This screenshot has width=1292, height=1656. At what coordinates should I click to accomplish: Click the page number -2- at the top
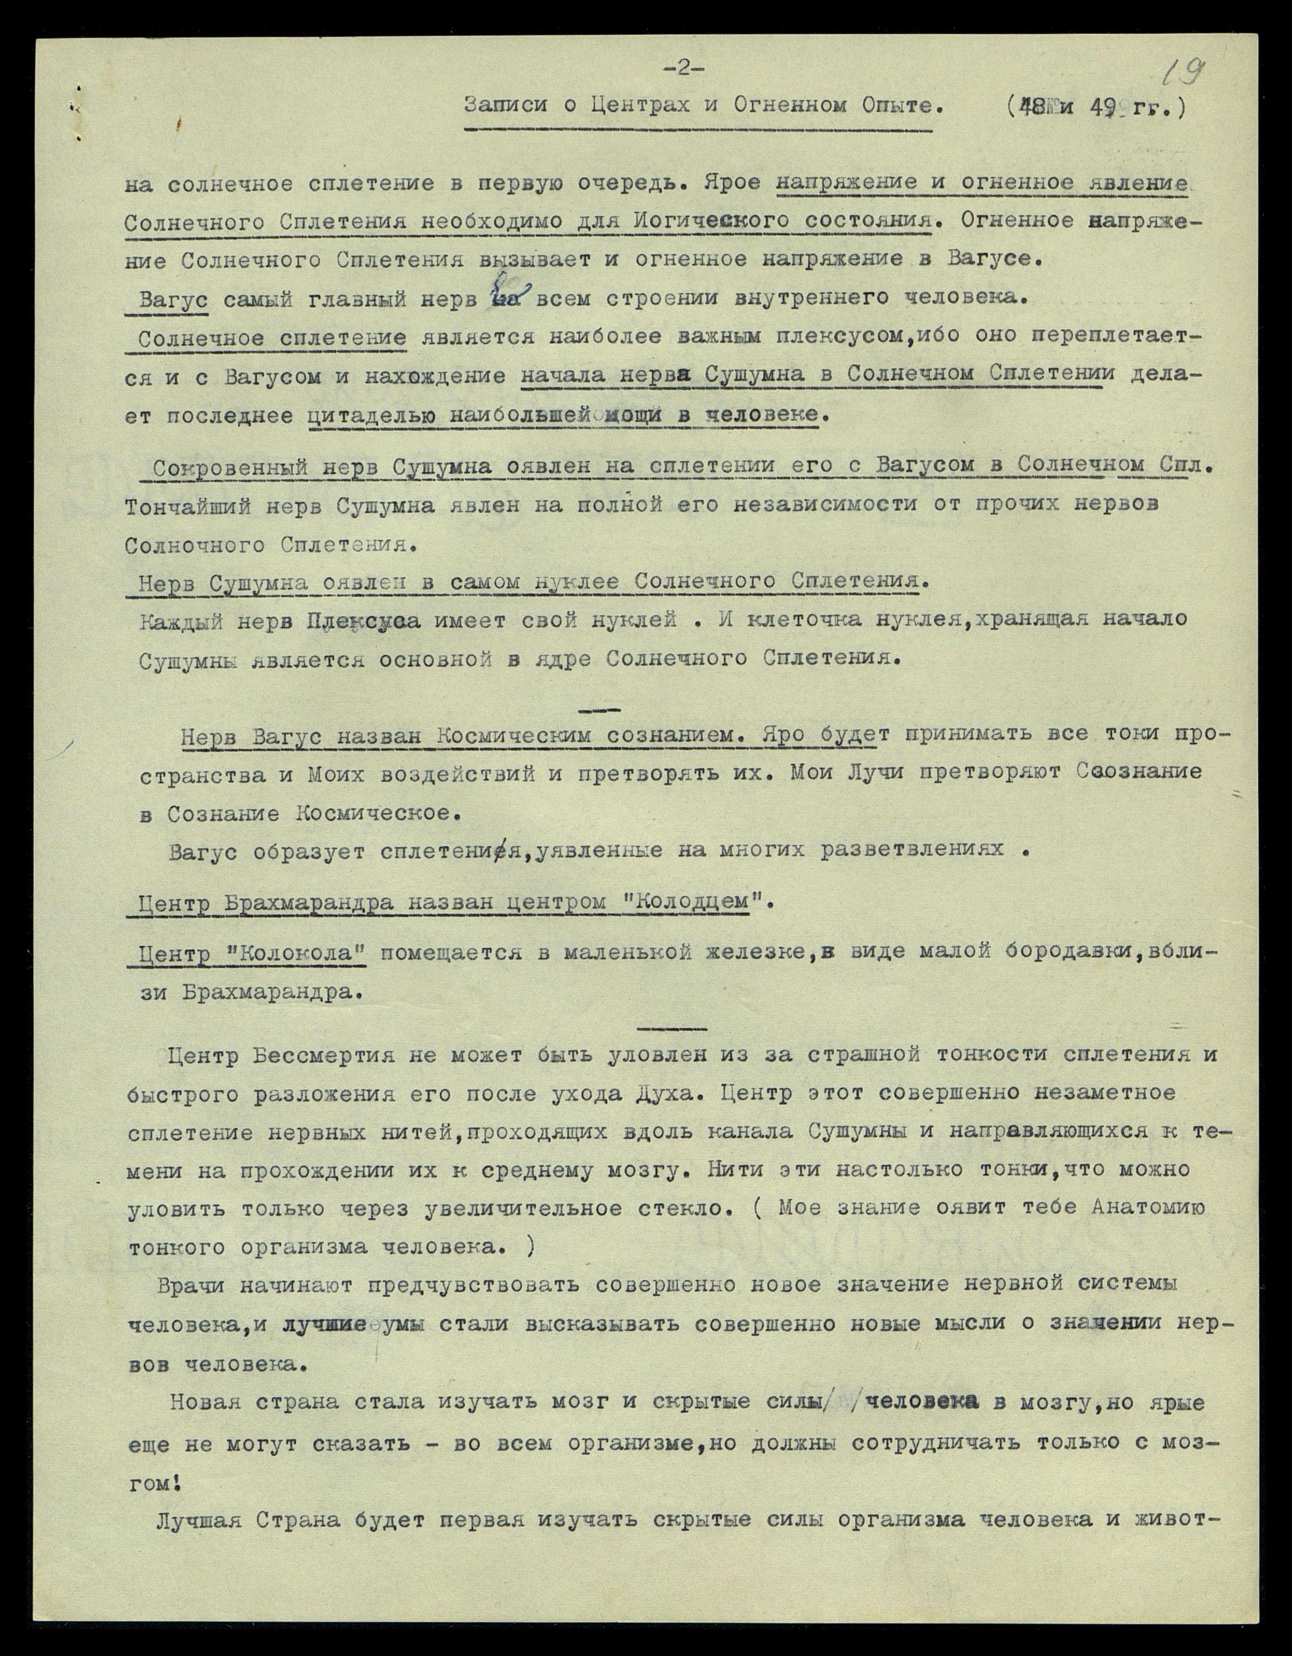pyautogui.click(x=684, y=69)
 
